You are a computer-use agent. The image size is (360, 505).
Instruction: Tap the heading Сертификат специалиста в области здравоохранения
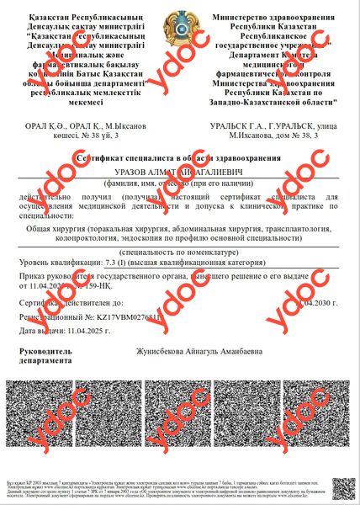coord(179,158)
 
